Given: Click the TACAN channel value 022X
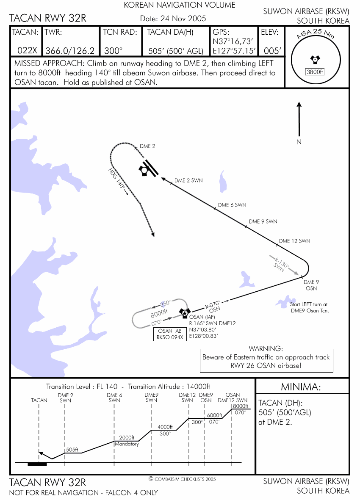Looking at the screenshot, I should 28,51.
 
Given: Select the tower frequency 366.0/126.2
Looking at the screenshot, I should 70,51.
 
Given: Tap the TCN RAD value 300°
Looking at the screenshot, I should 113,51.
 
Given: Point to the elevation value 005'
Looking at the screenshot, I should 272,51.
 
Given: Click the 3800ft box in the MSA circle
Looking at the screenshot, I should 315,72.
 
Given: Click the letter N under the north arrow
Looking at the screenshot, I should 299,142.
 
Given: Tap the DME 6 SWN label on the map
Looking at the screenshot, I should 232,205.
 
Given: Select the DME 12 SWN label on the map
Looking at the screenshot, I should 294,241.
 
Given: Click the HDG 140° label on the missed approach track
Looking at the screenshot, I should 117,180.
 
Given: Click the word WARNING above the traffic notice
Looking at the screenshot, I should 266,348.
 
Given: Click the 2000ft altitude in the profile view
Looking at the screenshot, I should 127,438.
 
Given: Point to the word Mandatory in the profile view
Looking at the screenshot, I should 127,444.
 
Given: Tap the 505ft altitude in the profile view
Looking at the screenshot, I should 72,450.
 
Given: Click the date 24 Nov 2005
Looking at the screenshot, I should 173,18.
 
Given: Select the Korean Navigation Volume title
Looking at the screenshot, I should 180,5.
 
